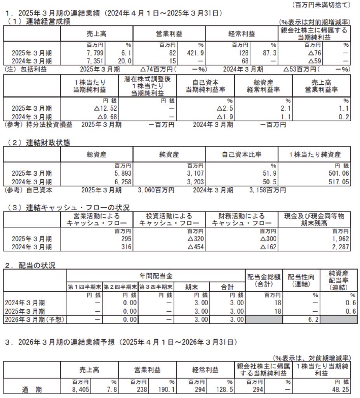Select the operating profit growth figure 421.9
pos(197,53)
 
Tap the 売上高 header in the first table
pos(97,34)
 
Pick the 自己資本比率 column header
pos(242,154)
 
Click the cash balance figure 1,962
pos(341,238)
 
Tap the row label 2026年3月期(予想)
pos(34,319)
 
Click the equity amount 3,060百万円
pos(156,190)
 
